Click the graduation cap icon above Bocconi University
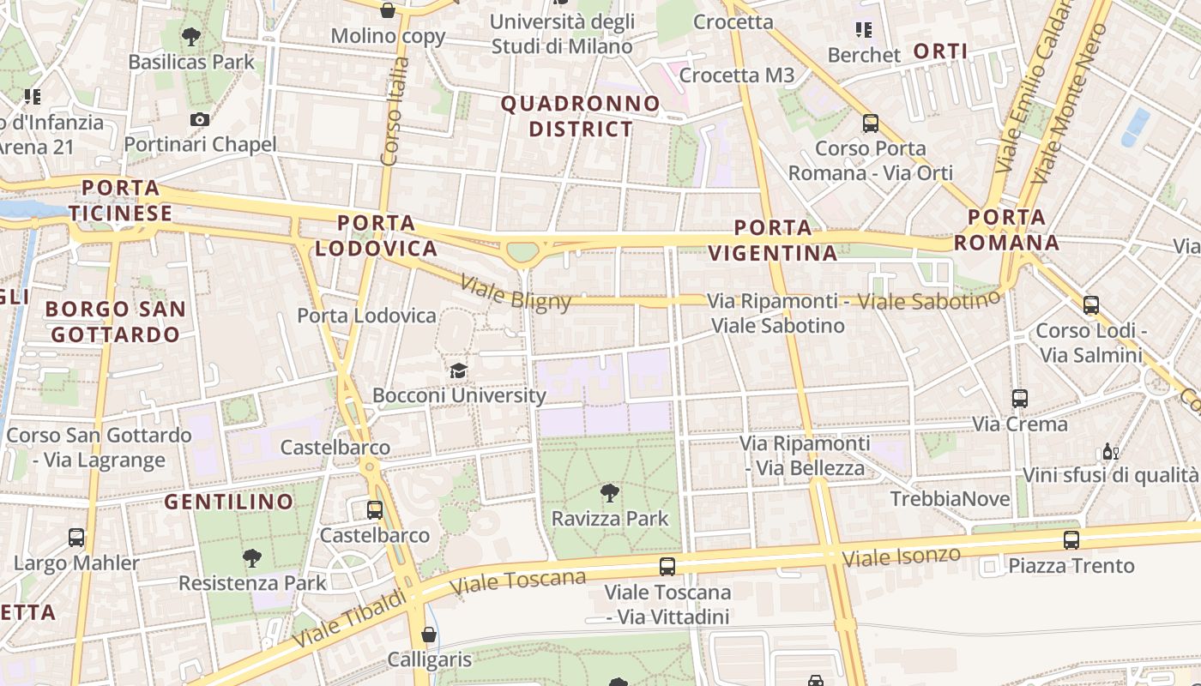[x=459, y=370]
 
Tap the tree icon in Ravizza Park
[x=609, y=493]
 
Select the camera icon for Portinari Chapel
[x=200, y=119]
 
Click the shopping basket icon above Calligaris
[x=429, y=635]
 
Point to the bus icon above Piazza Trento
[x=1071, y=540]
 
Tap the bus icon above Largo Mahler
[x=76, y=538]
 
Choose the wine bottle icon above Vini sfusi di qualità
[x=1109, y=451]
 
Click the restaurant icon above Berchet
[x=864, y=30]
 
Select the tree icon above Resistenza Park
[x=252, y=558]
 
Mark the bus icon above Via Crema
[x=1019, y=399]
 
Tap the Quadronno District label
[x=581, y=117]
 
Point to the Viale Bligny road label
[x=516, y=292]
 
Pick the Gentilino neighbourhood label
[x=228, y=502]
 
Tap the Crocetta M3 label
[x=737, y=75]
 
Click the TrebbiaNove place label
[x=950, y=499]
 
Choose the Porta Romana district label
[x=1006, y=230]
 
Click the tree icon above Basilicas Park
[x=191, y=37]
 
